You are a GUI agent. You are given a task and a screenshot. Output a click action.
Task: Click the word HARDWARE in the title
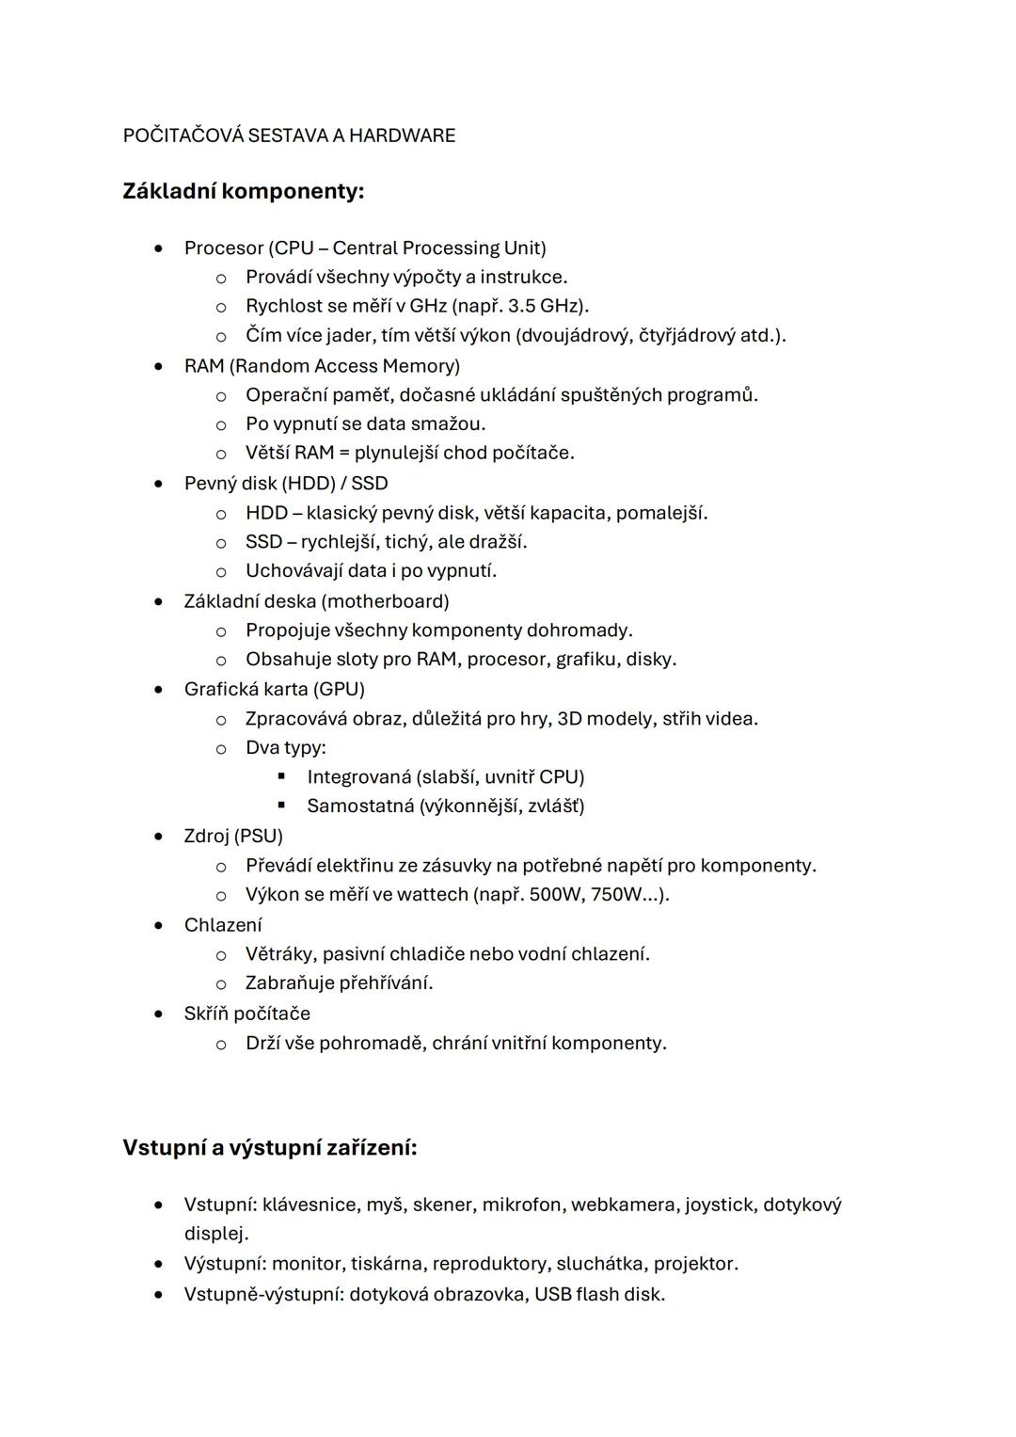pos(402,136)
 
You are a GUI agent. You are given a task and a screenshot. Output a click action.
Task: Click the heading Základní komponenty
pos(243,191)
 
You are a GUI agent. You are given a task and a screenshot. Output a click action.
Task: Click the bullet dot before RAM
pos(160,366)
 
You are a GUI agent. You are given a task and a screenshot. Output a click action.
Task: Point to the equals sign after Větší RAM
pos(344,453)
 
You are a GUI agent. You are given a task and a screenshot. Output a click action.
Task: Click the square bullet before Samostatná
pos(280,806)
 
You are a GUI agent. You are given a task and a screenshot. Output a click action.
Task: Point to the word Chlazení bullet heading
pos(223,925)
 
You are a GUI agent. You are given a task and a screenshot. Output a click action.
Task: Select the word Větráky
pos(278,954)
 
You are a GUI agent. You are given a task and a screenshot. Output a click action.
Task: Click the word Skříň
pos(206,1014)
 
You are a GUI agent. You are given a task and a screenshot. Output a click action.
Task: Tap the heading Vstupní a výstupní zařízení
pos(270,1148)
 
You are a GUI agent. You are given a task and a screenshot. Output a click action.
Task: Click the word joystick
pos(718,1205)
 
